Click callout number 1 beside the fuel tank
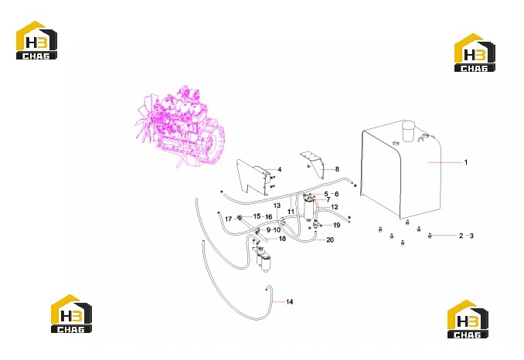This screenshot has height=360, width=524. click(x=466, y=162)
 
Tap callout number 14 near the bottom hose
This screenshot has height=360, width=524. click(x=289, y=302)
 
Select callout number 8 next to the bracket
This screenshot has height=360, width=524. click(x=337, y=169)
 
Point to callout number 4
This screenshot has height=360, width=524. click(x=279, y=169)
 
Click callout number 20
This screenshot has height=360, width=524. click(x=330, y=239)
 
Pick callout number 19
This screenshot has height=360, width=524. click(x=336, y=225)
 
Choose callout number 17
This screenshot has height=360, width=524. click(x=228, y=219)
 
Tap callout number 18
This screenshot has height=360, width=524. click(x=282, y=239)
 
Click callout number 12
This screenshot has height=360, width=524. click(x=334, y=207)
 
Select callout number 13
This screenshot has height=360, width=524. click(x=277, y=205)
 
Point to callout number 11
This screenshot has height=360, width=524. click(x=291, y=212)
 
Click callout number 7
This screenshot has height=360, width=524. click(x=328, y=200)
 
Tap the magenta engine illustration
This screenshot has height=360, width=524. click(x=180, y=126)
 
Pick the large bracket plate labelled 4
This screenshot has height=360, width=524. click(x=253, y=177)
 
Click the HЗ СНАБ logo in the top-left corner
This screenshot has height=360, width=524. click(x=36, y=40)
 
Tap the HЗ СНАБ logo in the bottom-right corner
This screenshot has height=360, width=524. click(x=468, y=319)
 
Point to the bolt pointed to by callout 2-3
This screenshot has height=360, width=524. click(x=430, y=236)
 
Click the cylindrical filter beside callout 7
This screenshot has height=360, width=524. click(x=309, y=209)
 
